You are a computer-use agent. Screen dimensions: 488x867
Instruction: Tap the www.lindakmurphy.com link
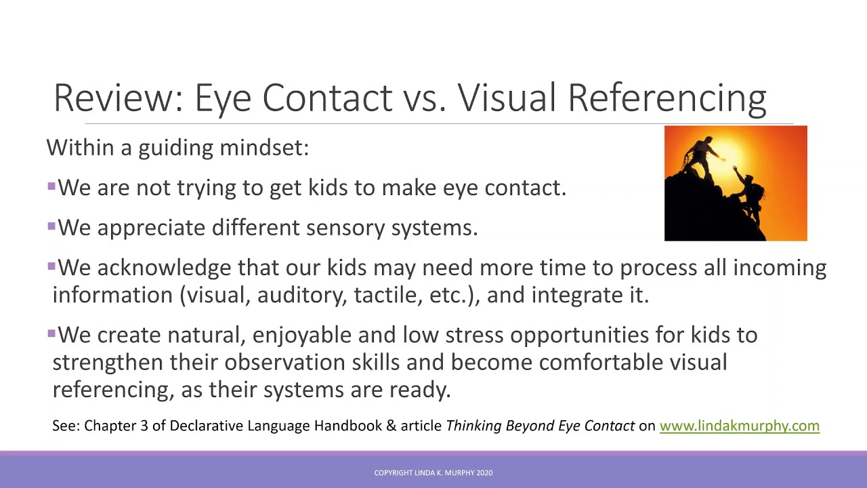click(739, 426)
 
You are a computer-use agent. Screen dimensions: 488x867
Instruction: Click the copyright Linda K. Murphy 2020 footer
click(433, 472)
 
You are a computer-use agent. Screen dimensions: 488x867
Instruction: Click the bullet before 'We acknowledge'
click(51, 266)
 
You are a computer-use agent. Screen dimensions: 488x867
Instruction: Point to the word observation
click(284, 362)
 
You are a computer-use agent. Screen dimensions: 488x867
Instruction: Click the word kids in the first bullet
click(329, 188)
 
